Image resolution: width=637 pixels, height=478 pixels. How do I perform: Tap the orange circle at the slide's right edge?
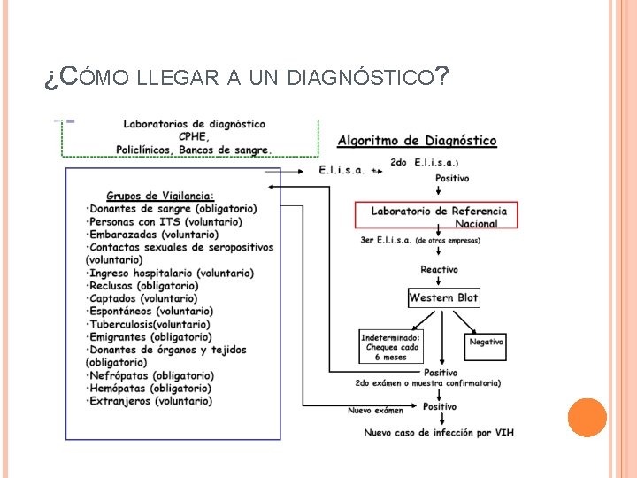587,417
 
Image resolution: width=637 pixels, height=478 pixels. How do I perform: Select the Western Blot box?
443,298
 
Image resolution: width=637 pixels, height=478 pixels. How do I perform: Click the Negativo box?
486,342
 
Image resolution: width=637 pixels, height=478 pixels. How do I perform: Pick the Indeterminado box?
389,347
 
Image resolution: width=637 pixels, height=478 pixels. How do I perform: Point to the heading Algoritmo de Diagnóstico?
417,141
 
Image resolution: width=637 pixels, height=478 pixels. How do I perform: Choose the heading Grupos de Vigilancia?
160,196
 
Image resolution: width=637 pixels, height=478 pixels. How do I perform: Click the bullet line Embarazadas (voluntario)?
152,235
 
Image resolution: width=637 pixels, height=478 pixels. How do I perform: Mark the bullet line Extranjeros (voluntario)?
149,401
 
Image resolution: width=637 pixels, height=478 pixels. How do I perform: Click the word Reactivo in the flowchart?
439,269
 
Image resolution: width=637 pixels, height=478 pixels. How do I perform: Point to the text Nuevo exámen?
375,410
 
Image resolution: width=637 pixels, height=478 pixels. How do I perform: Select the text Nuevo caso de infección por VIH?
439,432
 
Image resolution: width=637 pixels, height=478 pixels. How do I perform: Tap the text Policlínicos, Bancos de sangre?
195,150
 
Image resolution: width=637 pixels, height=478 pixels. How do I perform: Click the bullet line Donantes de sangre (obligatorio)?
172,209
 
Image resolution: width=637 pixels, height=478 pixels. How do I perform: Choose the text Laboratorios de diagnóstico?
194,124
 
